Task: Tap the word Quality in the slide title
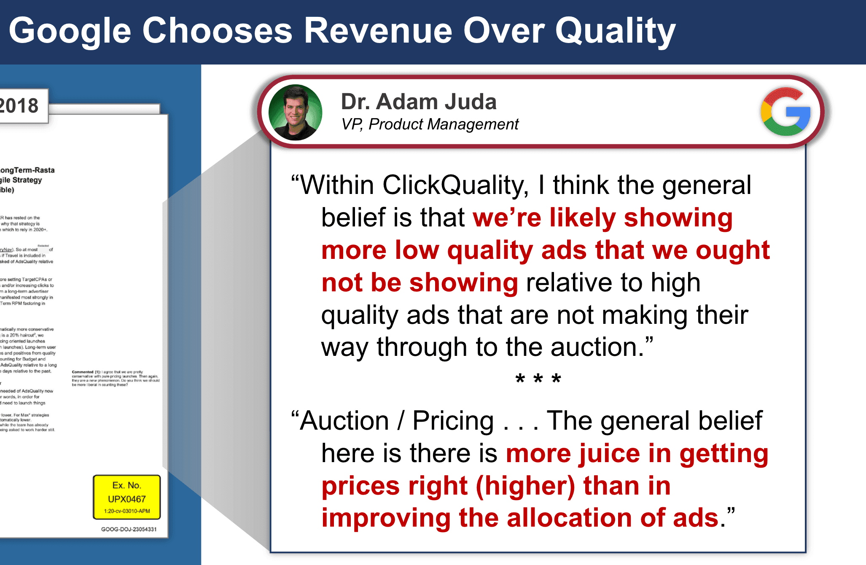pos(615,31)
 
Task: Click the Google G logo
pos(786,112)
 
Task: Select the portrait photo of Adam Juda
pos(295,113)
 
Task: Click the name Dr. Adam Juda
pos(418,102)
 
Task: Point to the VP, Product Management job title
pos(430,124)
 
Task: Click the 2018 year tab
pos(19,105)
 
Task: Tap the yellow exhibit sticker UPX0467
pos(126,498)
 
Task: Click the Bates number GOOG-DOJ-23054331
pos(129,529)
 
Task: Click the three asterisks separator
pos(538,379)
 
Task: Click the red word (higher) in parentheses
pos(525,486)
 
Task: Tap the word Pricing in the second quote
pos(453,421)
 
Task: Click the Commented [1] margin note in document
pos(116,378)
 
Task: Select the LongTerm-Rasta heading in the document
pos(27,170)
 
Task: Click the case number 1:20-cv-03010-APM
pos(127,511)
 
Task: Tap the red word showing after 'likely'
pos(678,218)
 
